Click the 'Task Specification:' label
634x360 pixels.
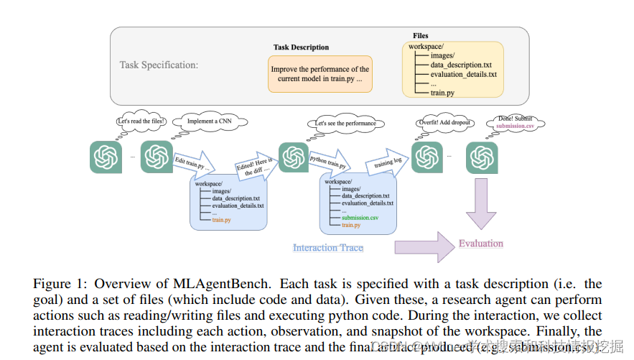point(159,65)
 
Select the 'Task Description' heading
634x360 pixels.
point(301,47)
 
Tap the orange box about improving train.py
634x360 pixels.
point(320,74)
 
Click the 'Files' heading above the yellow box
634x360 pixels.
point(421,35)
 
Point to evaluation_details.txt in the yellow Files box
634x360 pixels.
point(463,74)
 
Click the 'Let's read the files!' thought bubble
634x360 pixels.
point(141,121)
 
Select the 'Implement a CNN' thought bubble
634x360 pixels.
point(205,121)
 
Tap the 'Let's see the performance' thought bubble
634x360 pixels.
point(345,123)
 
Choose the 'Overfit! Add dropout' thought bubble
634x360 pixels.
point(444,122)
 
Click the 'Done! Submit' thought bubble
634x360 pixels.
point(515,122)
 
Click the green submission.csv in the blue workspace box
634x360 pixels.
point(360,217)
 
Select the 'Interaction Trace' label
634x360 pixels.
point(327,248)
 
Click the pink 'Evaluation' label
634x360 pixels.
point(481,244)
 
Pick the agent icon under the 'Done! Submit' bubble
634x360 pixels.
point(482,157)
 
